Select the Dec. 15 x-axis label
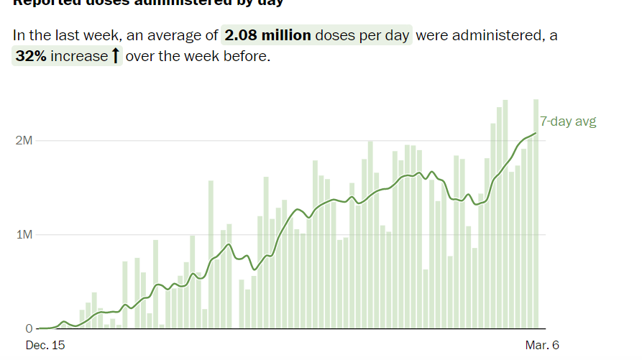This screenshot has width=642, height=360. (45, 346)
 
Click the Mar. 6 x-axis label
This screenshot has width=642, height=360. (541, 346)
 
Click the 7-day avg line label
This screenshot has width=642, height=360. (568, 121)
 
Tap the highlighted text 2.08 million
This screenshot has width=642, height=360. (267, 35)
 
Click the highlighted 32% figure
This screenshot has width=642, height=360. (31, 56)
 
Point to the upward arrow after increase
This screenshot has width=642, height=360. (114, 56)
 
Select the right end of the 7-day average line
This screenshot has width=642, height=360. (536, 133)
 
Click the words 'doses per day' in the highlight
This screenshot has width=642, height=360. (363, 35)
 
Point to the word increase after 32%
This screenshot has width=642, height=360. (78, 56)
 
